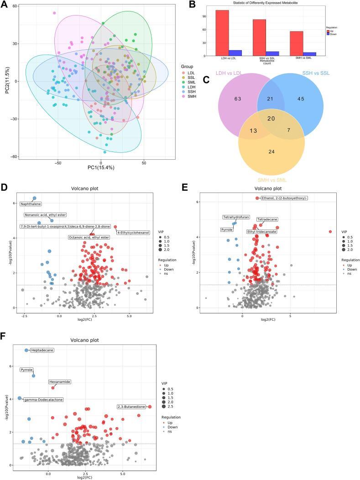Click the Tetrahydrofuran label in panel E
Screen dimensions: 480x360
click(236, 217)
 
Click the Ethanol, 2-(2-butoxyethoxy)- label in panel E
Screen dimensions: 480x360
click(284, 198)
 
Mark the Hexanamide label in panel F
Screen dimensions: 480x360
click(59, 382)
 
